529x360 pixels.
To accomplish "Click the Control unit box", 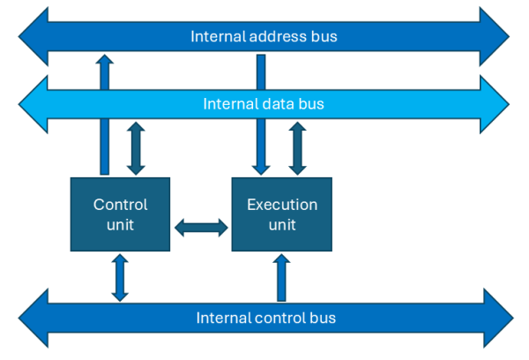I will [x=120, y=214].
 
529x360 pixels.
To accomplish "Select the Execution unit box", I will [x=281, y=214].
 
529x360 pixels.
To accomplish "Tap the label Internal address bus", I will [x=264, y=37].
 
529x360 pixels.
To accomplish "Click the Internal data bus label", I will [x=264, y=104].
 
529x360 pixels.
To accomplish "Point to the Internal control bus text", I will [x=265, y=318].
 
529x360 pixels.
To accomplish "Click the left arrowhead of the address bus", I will [x=34, y=37].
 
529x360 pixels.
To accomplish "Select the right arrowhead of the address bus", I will [x=494, y=37].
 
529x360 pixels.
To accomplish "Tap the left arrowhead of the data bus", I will [x=34, y=104].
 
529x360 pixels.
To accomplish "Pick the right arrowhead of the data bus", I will [x=494, y=104].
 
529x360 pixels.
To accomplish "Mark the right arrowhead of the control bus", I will [x=495, y=318].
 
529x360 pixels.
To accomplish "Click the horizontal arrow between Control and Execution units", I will [x=201, y=228].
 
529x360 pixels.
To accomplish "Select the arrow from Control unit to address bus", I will [x=105, y=115].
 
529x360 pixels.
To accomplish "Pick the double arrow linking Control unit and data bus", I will [x=136, y=149].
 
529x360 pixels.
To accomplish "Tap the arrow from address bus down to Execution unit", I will [x=261, y=115].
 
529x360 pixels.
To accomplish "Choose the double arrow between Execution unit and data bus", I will [x=297, y=149].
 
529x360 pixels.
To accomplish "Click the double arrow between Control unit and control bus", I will [x=120, y=277].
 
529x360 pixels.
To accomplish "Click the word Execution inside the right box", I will [x=281, y=205].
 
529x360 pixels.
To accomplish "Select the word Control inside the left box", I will [x=120, y=205].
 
